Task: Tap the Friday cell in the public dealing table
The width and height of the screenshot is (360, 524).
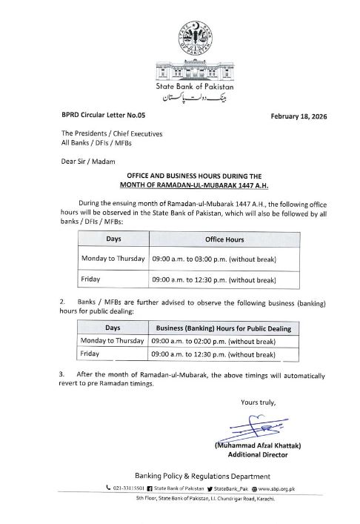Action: pos(91,354)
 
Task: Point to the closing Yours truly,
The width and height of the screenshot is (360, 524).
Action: pos(258,402)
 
